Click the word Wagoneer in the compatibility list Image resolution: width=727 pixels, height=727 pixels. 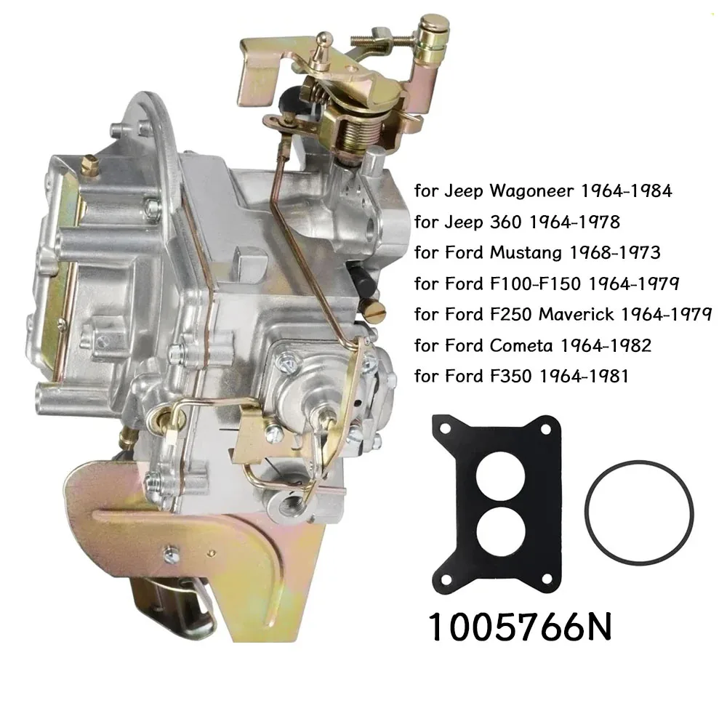click(x=532, y=190)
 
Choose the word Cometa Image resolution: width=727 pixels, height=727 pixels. click(x=521, y=345)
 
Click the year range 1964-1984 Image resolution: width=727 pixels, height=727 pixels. click(x=626, y=190)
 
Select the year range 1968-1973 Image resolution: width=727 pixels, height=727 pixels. click(x=614, y=253)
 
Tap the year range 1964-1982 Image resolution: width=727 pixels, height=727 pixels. click(x=606, y=345)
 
